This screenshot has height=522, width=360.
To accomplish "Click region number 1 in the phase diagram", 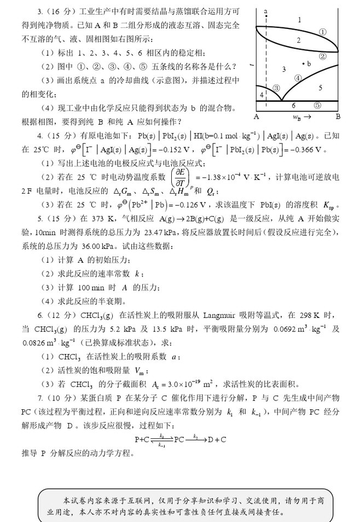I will (x=299, y=20).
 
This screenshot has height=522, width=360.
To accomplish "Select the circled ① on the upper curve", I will (x=323, y=32).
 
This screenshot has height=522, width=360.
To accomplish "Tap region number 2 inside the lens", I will (x=299, y=40).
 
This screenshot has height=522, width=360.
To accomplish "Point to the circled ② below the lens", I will (x=323, y=56).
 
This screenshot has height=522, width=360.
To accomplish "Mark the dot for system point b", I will (x=303, y=64).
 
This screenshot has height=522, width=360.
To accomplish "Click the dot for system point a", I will (x=265, y=17).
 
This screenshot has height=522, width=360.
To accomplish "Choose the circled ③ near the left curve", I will (x=276, y=88).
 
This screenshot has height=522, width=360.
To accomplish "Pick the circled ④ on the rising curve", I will (x=298, y=78).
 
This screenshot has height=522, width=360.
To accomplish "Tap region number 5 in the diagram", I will (x=321, y=88).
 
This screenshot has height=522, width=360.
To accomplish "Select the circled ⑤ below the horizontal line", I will (x=317, y=106).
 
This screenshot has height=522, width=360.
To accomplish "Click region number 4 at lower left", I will (x=262, y=95).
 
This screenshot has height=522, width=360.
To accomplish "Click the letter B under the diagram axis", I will (x=338, y=117).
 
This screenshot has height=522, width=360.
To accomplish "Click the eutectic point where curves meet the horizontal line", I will (x=281, y=101).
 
